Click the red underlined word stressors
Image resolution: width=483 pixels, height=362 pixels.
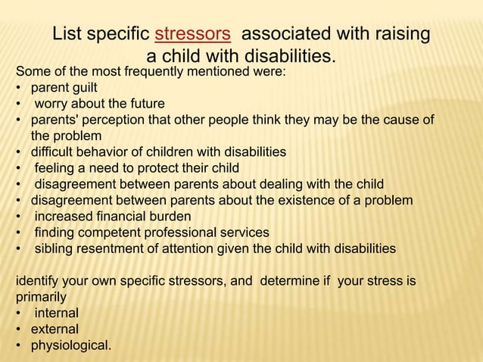(x=192, y=35)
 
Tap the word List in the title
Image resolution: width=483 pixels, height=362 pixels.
(x=68, y=35)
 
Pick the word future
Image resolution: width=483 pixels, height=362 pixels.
(x=145, y=104)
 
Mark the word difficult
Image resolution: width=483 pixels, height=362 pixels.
(x=53, y=151)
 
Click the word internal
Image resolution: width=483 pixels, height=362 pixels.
(x=56, y=313)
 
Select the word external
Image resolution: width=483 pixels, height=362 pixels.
(x=54, y=329)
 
